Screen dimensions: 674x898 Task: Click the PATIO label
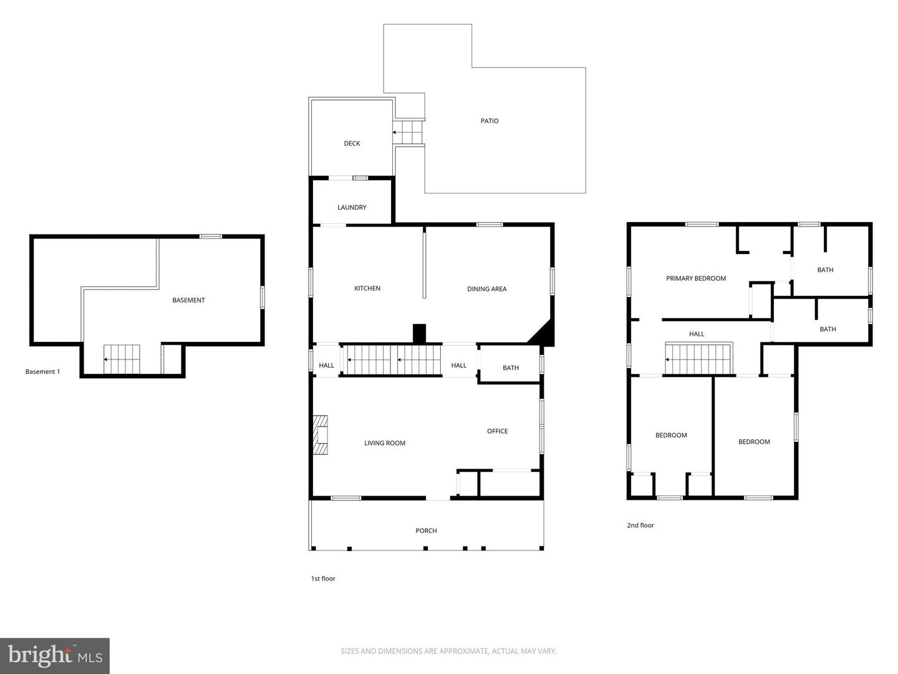click(x=490, y=121)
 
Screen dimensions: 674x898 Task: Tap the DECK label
click(x=352, y=144)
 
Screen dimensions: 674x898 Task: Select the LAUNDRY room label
click(x=352, y=207)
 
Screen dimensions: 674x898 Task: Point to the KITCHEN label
click(x=367, y=288)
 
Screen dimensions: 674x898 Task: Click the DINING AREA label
click(x=486, y=289)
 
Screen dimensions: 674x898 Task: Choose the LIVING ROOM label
click(x=385, y=443)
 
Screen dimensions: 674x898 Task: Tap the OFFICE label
click(x=497, y=431)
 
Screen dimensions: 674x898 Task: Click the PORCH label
click(x=426, y=530)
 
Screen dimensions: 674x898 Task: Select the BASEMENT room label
click(x=188, y=300)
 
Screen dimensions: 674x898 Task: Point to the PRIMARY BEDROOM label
click(x=696, y=278)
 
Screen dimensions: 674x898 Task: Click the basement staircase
click(x=122, y=359)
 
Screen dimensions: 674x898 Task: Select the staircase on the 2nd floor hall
click(x=698, y=359)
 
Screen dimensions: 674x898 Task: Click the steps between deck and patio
click(x=408, y=132)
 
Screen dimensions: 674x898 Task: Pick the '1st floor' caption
click(x=323, y=579)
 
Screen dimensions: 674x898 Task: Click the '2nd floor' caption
click(x=640, y=525)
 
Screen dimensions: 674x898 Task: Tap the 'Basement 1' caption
click(x=42, y=372)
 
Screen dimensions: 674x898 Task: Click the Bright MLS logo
click(x=55, y=655)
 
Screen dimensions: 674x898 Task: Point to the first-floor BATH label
click(x=511, y=368)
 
